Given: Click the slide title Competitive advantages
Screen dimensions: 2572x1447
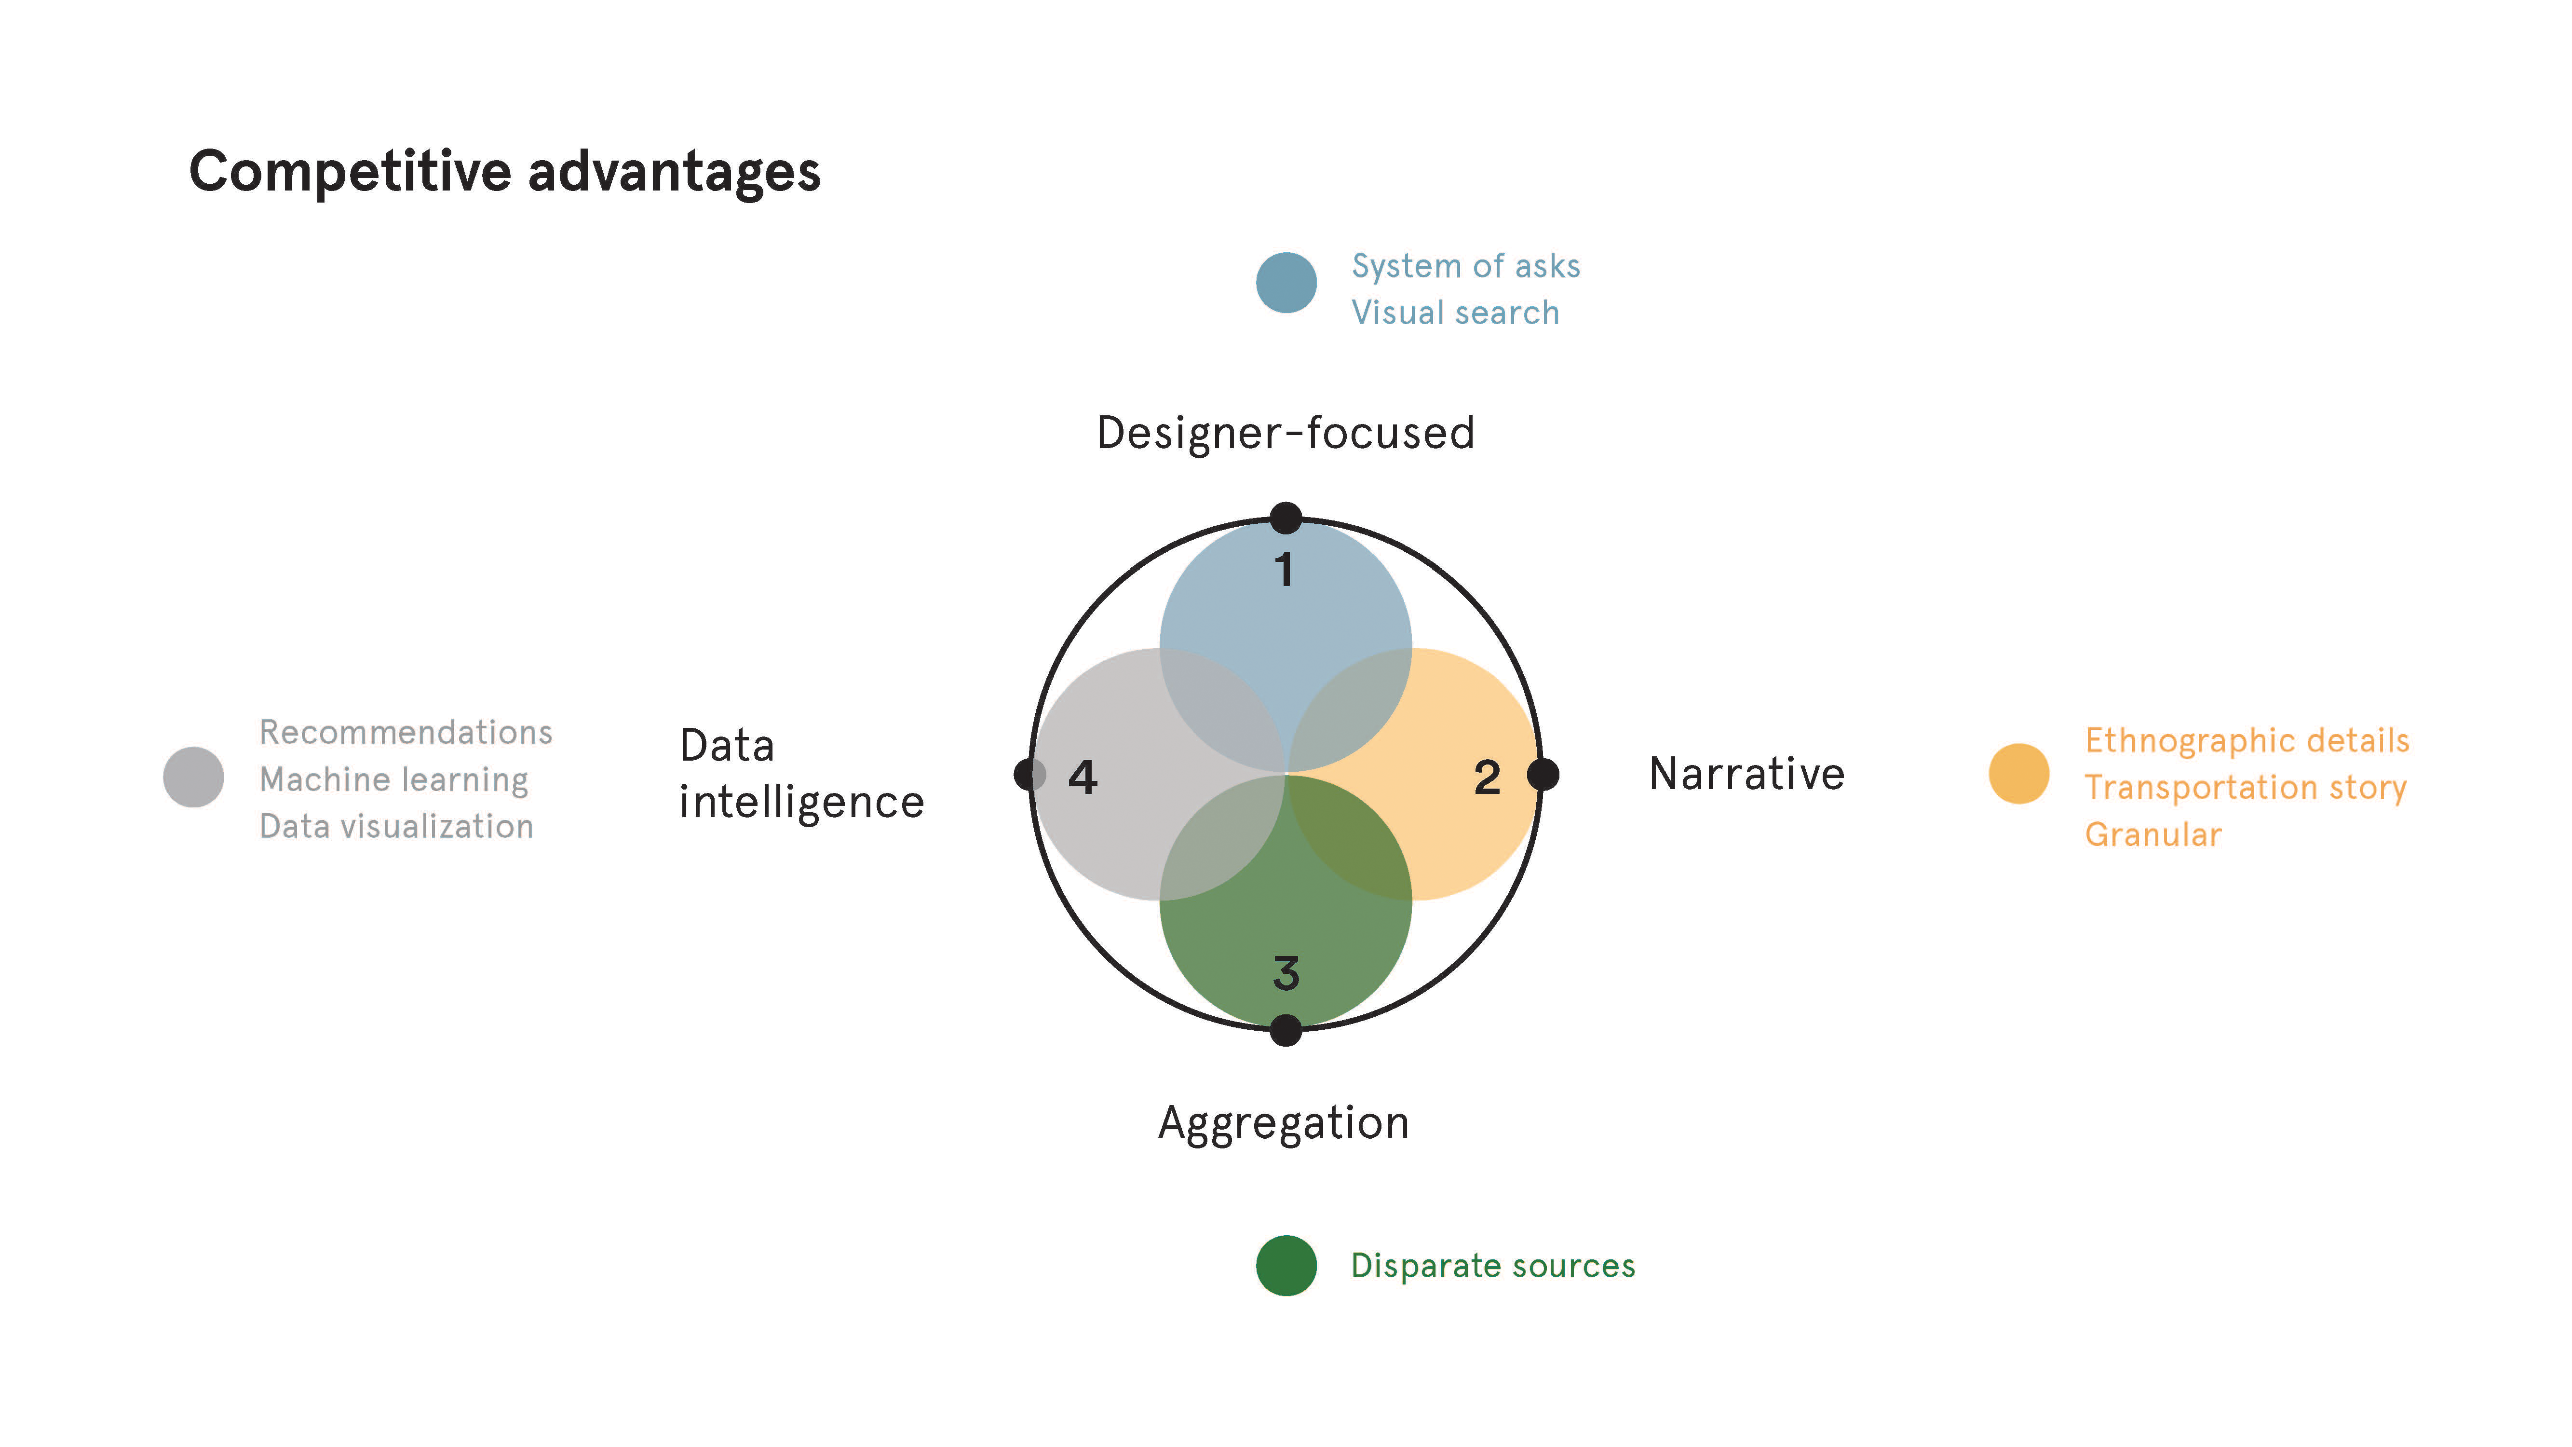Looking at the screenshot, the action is tap(504, 172).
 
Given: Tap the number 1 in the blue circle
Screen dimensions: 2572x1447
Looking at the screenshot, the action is tap(1284, 570).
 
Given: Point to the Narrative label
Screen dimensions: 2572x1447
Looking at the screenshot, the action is tap(1746, 774).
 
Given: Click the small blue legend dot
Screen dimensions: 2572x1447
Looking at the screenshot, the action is tap(1286, 283).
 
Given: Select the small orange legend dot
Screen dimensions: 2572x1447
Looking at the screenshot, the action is tap(2019, 774).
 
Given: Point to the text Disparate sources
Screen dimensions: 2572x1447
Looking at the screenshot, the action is tap(1493, 1266).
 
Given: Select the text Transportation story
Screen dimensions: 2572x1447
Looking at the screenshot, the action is tap(2246, 788).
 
